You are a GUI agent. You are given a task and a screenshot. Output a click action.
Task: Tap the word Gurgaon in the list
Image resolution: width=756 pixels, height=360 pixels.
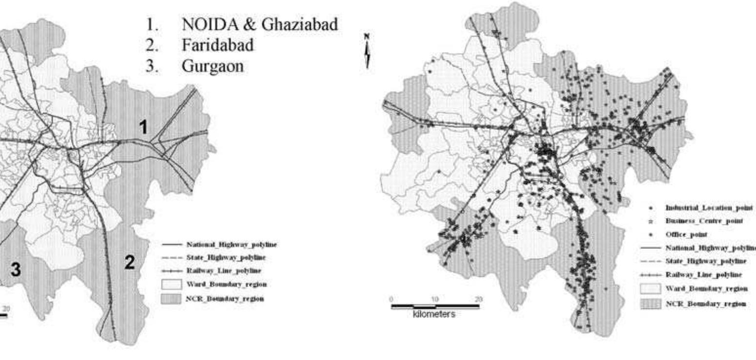(212, 66)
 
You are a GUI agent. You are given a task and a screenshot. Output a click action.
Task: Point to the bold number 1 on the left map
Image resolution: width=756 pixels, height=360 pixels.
(143, 128)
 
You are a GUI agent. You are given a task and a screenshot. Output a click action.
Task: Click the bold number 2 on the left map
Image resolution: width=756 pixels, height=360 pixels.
(129, 263)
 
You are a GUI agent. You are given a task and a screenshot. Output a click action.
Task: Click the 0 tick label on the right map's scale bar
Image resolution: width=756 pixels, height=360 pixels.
(391, 299)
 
